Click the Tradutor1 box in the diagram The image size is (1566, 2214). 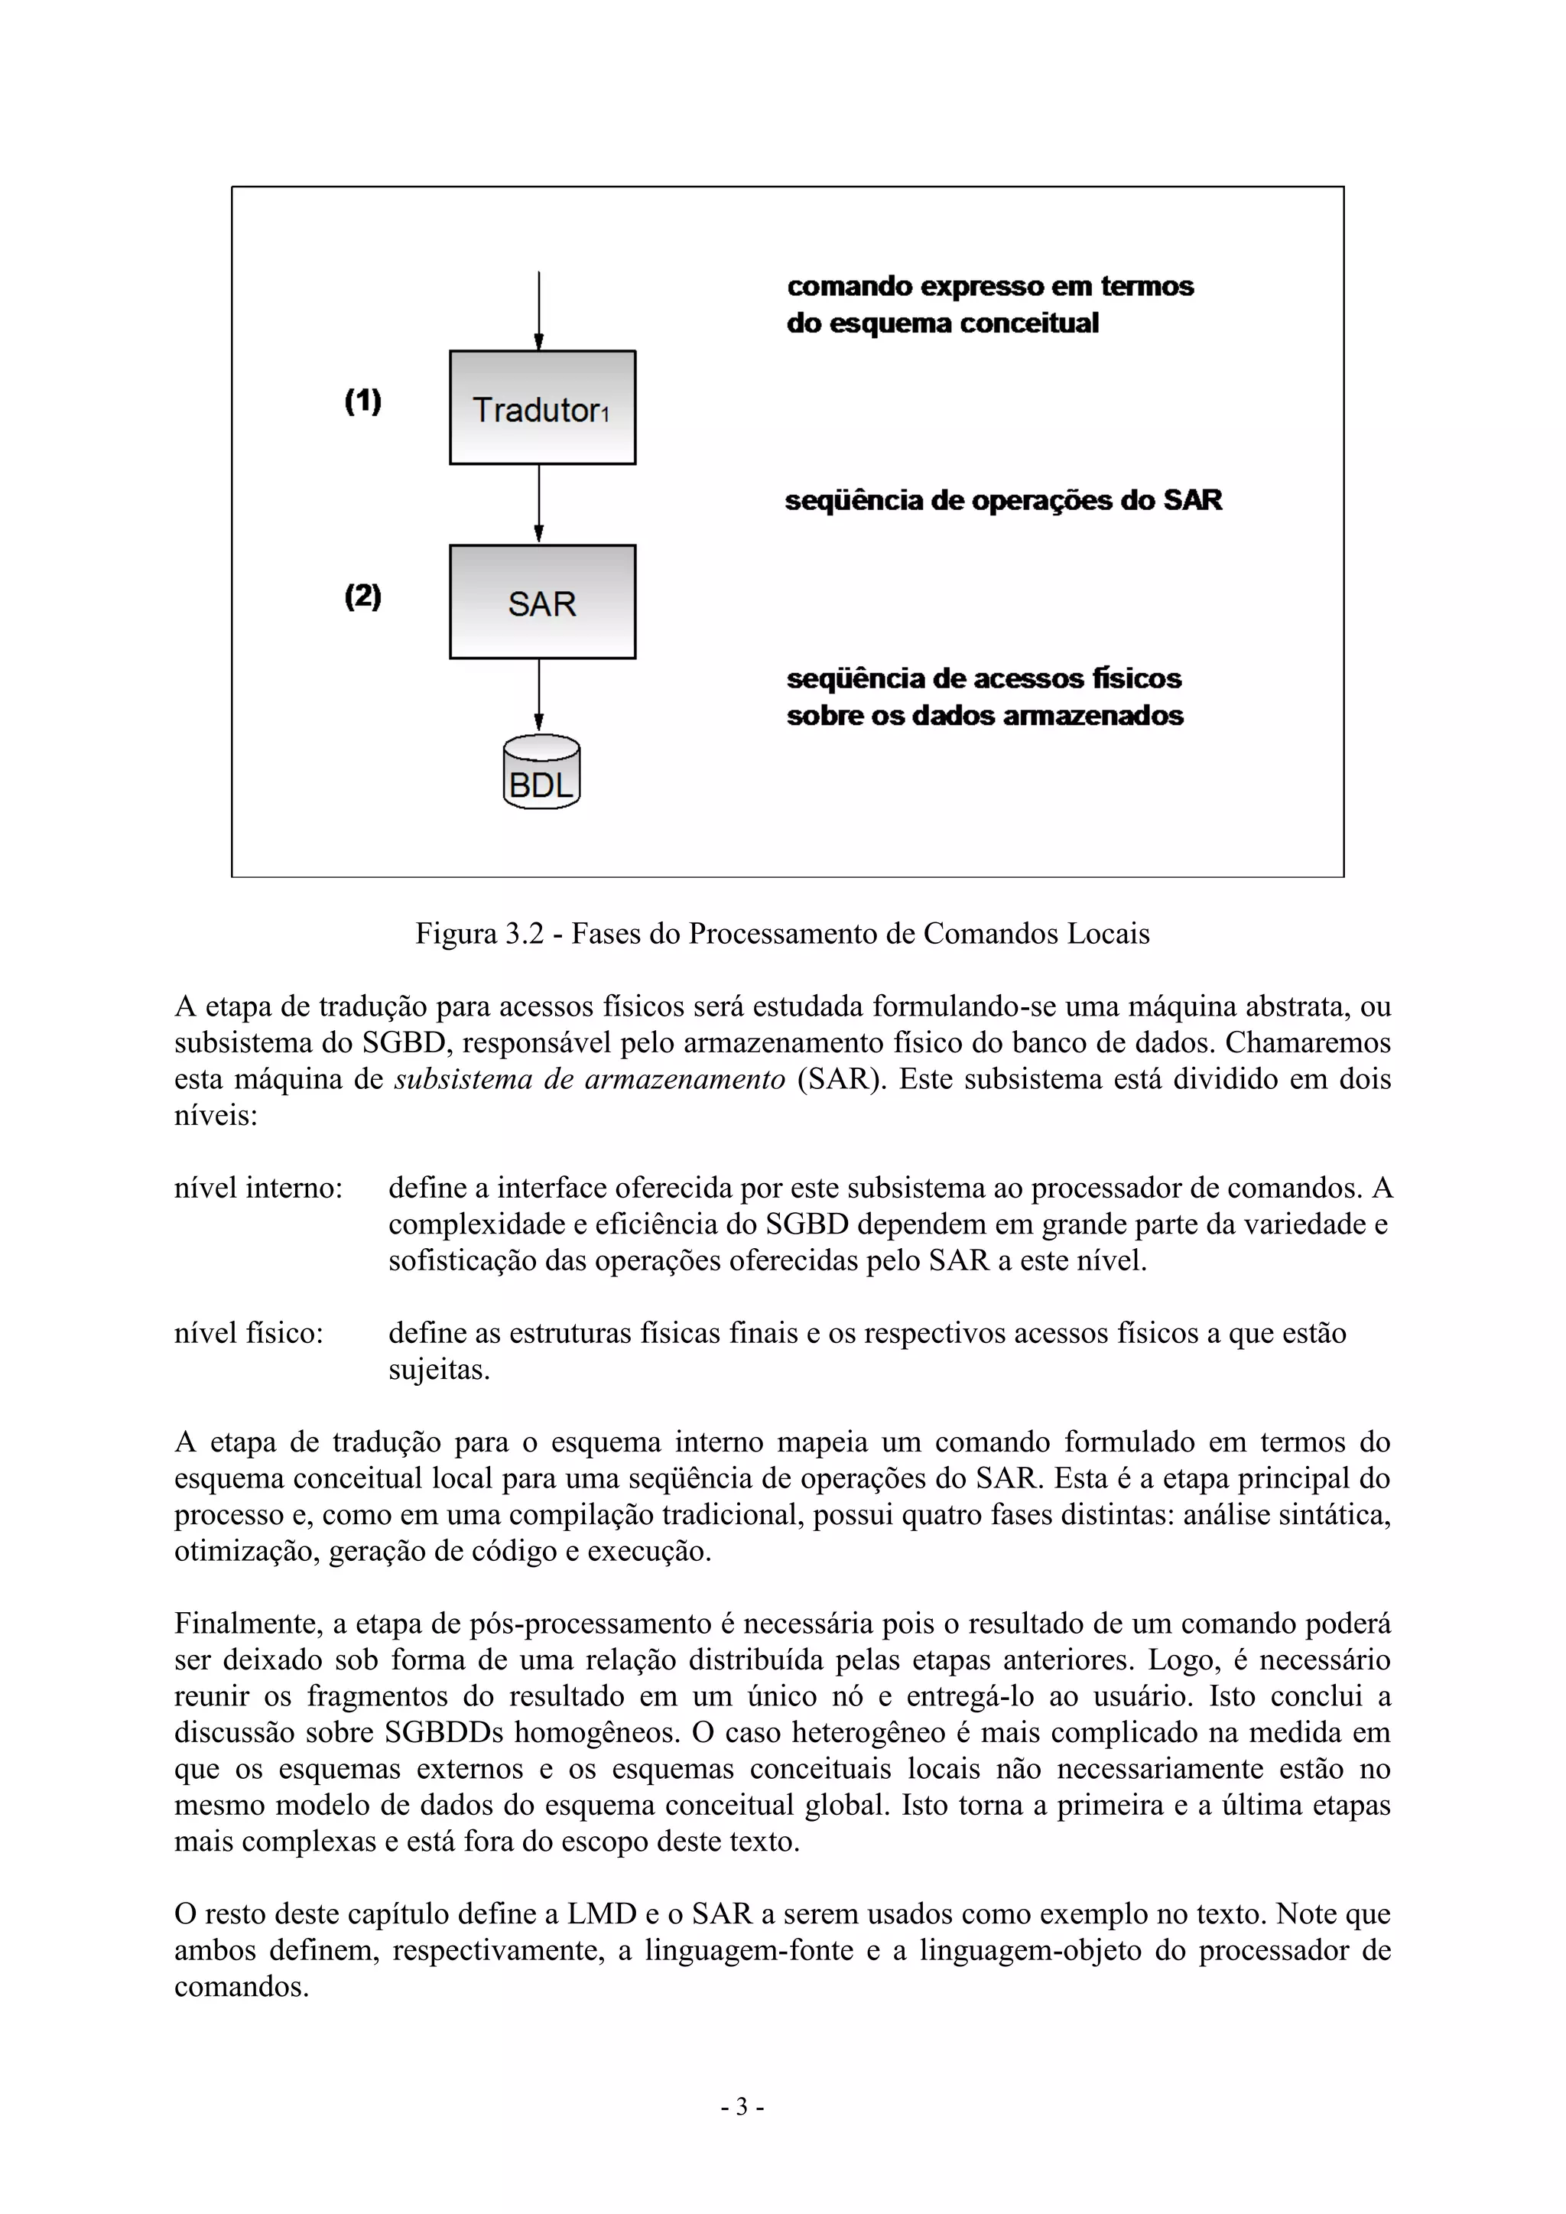pos(542,408)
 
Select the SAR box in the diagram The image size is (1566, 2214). pos(542,603)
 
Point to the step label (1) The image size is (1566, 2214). pos(362,402)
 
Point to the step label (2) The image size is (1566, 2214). pos(362,596)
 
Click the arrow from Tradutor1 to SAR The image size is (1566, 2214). pos(538,504)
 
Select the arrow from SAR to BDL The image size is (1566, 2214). pos(538,696)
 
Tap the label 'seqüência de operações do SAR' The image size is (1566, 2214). pos(1003,500)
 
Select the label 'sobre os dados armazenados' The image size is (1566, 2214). pos(985,716)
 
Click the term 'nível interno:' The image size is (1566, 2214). pos(258,1188)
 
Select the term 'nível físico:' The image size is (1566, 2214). pos(248,1334)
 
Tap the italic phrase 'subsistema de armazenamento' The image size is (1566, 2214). pos(590,1079)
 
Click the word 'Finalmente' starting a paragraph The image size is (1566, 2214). pos(247,1624)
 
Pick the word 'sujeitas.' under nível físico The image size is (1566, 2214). pos(439,1370)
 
